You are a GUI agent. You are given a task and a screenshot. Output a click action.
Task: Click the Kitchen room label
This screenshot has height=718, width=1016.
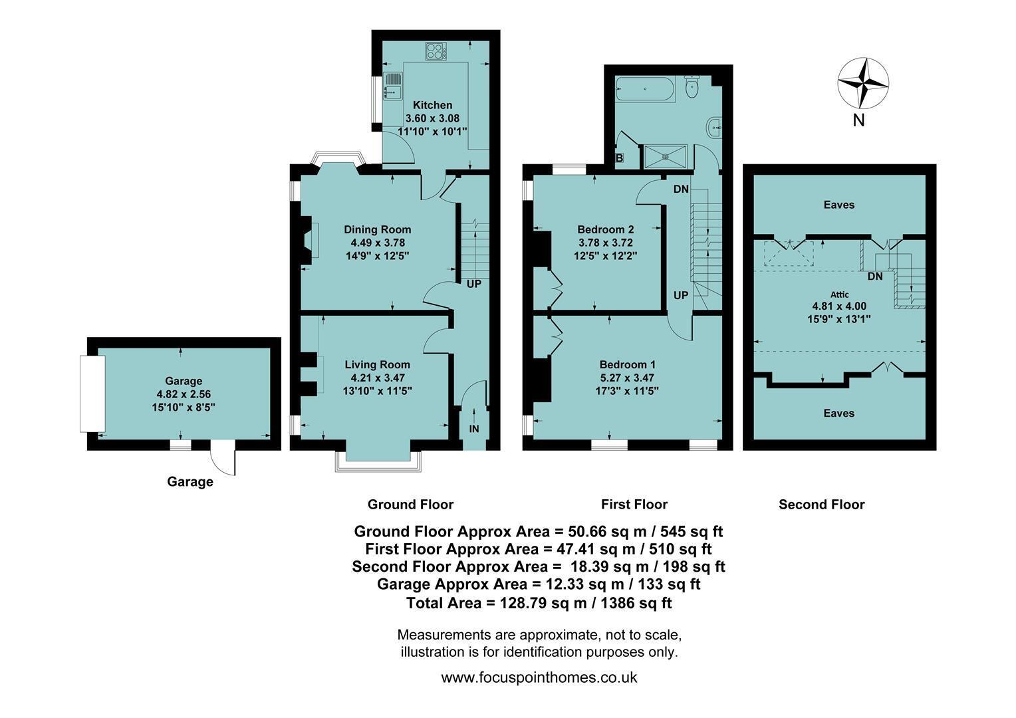432,105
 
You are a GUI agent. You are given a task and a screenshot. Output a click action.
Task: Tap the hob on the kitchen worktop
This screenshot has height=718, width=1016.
436,51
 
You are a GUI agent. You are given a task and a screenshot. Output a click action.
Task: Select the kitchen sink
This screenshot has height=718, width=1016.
393,86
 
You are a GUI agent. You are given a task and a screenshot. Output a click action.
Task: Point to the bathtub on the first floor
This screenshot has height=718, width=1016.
644,89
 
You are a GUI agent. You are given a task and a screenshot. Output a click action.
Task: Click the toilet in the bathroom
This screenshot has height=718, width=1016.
692,86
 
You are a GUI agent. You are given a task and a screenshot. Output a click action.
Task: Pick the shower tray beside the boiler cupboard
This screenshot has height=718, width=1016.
666,156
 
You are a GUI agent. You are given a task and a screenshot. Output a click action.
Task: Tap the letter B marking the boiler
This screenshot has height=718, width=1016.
619,158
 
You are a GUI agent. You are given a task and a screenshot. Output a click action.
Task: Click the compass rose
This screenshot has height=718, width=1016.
862,84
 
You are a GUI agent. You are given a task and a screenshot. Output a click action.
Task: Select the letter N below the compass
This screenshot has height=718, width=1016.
858,120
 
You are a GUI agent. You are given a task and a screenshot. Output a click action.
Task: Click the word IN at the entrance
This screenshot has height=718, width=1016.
473,429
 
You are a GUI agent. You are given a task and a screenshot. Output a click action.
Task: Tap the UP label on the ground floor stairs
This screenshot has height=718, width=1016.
474,285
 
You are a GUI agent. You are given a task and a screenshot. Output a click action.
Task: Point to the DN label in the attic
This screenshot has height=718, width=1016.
875,276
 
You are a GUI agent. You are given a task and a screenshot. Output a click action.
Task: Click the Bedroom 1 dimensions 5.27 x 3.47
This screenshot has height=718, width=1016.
627,378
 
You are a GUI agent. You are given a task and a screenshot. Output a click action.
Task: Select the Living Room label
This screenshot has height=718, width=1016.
378,365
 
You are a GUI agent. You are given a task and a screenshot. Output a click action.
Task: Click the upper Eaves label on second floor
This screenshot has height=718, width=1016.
839,205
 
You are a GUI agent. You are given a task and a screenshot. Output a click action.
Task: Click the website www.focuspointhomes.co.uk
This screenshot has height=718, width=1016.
539,677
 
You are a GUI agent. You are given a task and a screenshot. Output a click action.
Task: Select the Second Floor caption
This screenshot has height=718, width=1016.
822,505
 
